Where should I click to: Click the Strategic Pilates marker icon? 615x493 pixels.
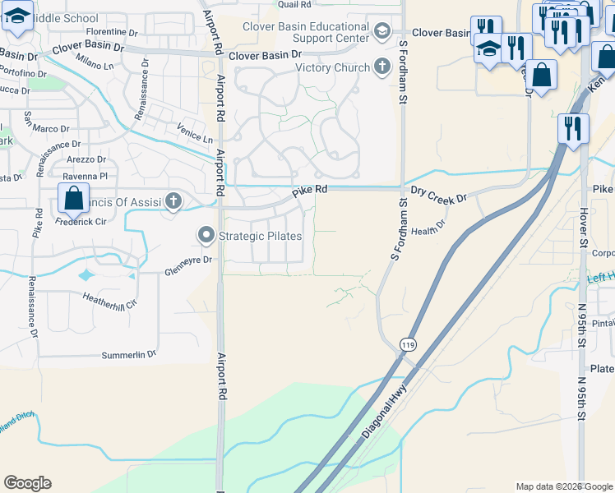point(206,237)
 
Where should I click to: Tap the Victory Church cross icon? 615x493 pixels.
point(381,67)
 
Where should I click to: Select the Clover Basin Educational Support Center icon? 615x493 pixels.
point(381,31)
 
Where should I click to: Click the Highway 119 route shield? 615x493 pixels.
point(409,345)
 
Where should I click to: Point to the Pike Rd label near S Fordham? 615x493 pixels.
point(310,189)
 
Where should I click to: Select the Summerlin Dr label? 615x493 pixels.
point(128,355)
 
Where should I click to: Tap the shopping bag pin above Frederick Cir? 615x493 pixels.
point(73,199)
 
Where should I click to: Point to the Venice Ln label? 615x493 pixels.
point(195,133)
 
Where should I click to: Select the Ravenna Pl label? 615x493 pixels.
point(87,176)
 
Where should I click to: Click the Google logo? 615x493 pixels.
point(27,483)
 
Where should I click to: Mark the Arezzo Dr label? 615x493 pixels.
point(87,159)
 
